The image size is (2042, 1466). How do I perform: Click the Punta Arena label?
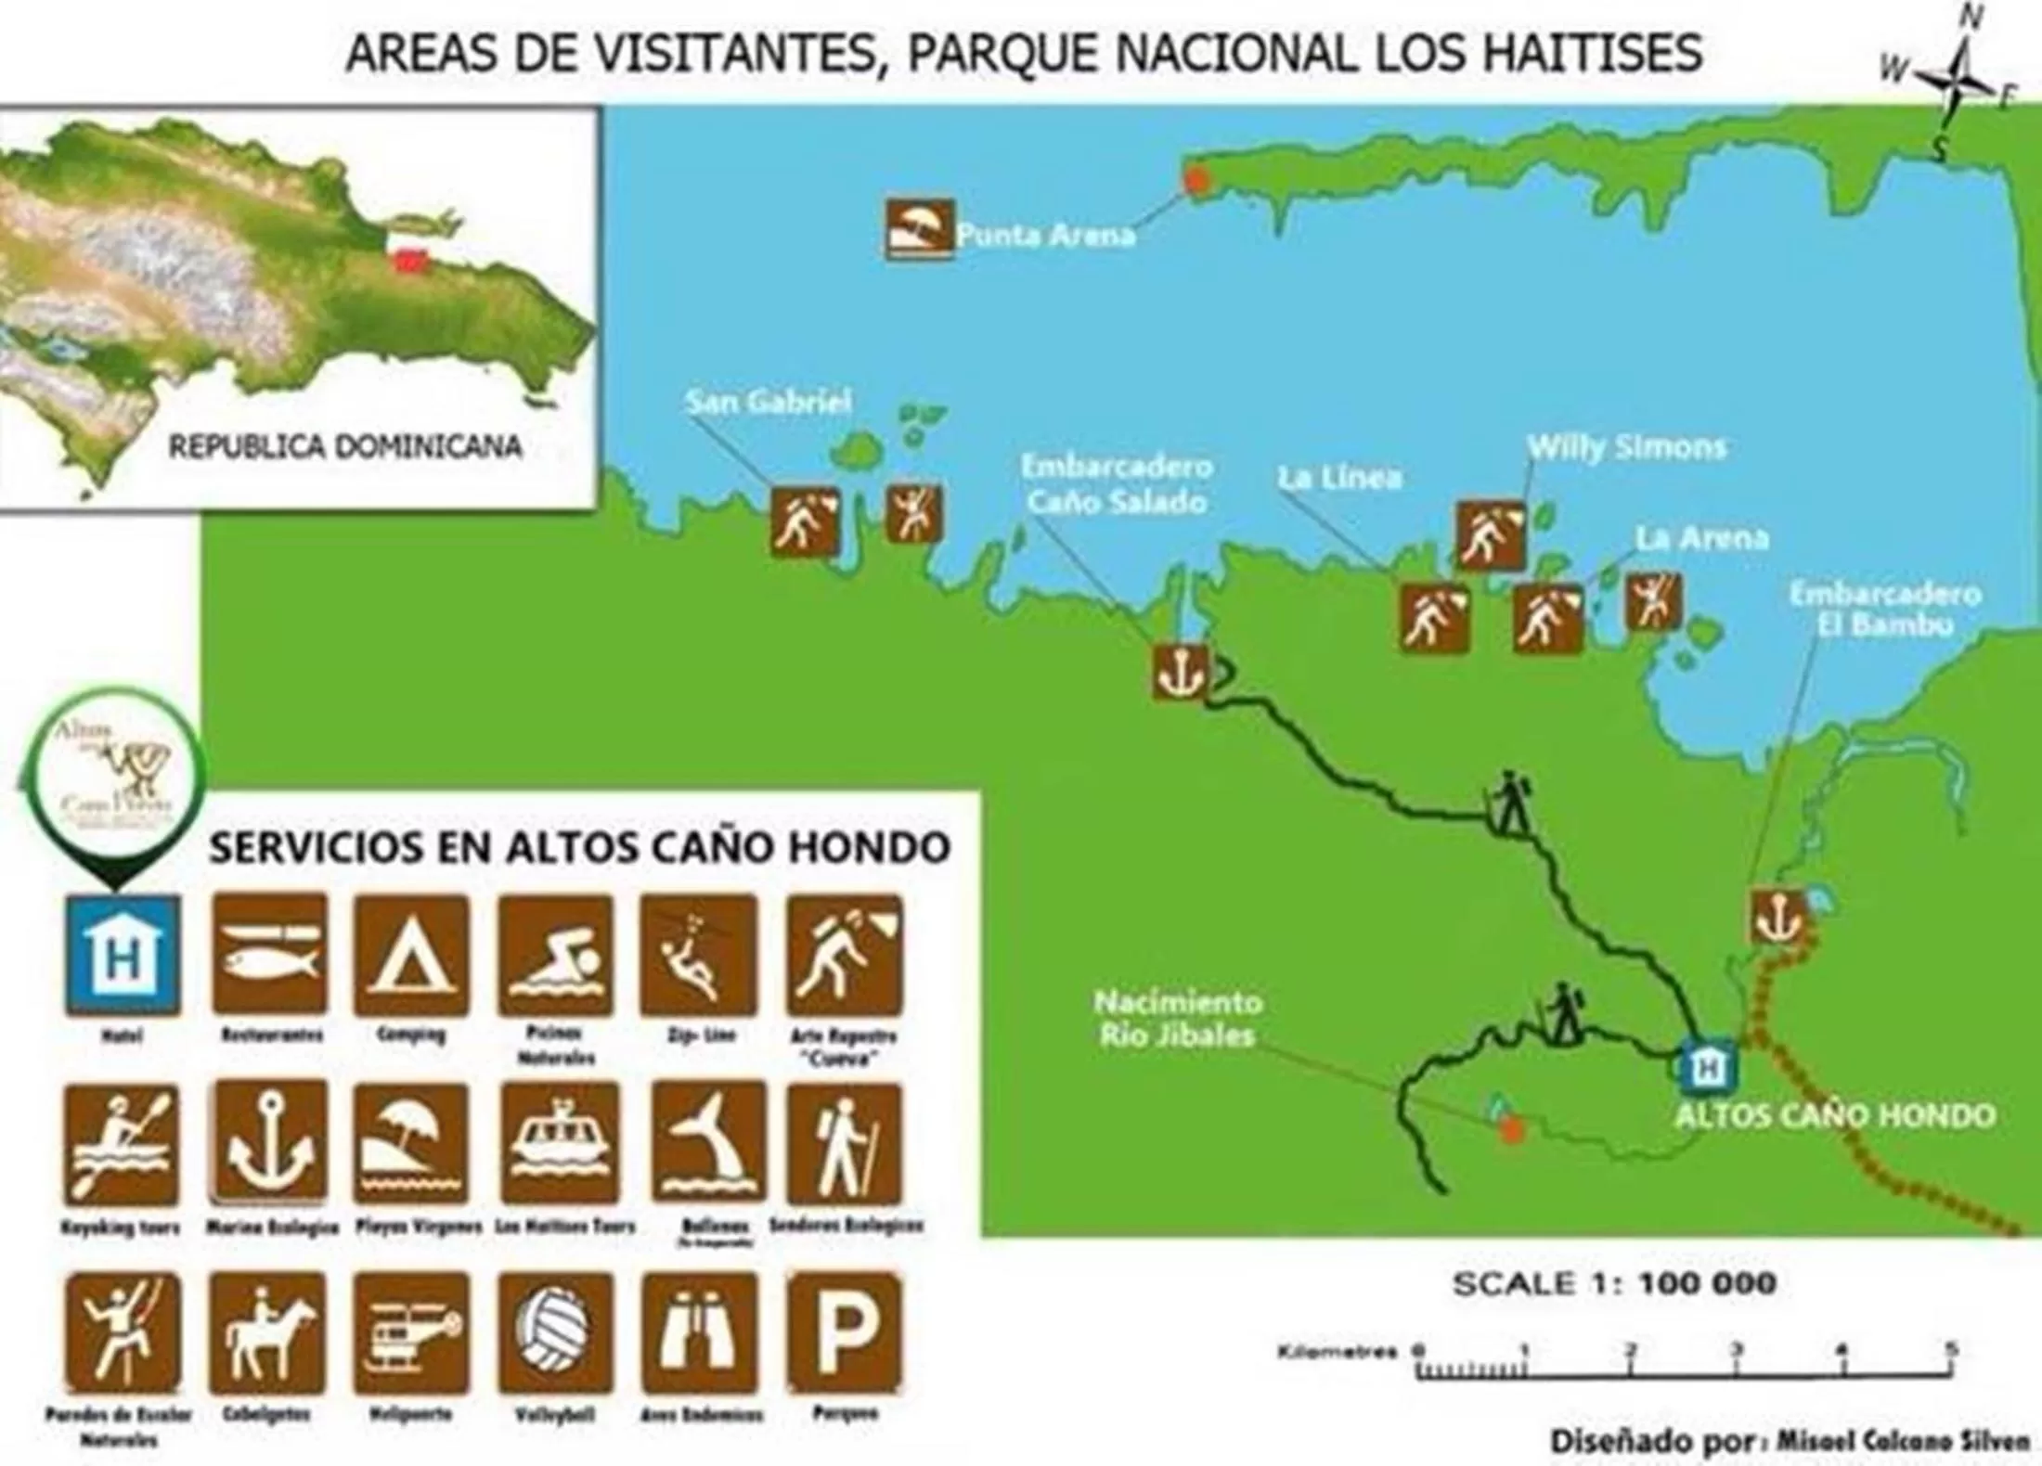(x=1046, y=234)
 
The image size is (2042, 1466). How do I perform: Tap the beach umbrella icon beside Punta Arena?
(x=919, y=228)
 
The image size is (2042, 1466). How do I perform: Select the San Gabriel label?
(x=769, y=402)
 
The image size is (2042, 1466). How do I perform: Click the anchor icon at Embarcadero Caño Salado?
(x=1180, y=670)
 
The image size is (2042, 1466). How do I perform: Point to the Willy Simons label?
(x=1626, y=447)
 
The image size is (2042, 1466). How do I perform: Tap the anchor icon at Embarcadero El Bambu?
(x=1778, y=918)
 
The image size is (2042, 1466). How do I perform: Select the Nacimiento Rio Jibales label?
(x=1177, y=1019)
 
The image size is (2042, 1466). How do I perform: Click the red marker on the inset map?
(x=405, y=260)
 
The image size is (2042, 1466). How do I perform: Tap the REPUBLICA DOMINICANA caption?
(x=344, y=447)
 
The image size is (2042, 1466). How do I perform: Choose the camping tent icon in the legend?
(x=411, y=955)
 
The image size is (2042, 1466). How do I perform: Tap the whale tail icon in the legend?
(x=709, y=1144)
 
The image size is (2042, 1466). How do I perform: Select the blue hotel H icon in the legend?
(x=123, y=955)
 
